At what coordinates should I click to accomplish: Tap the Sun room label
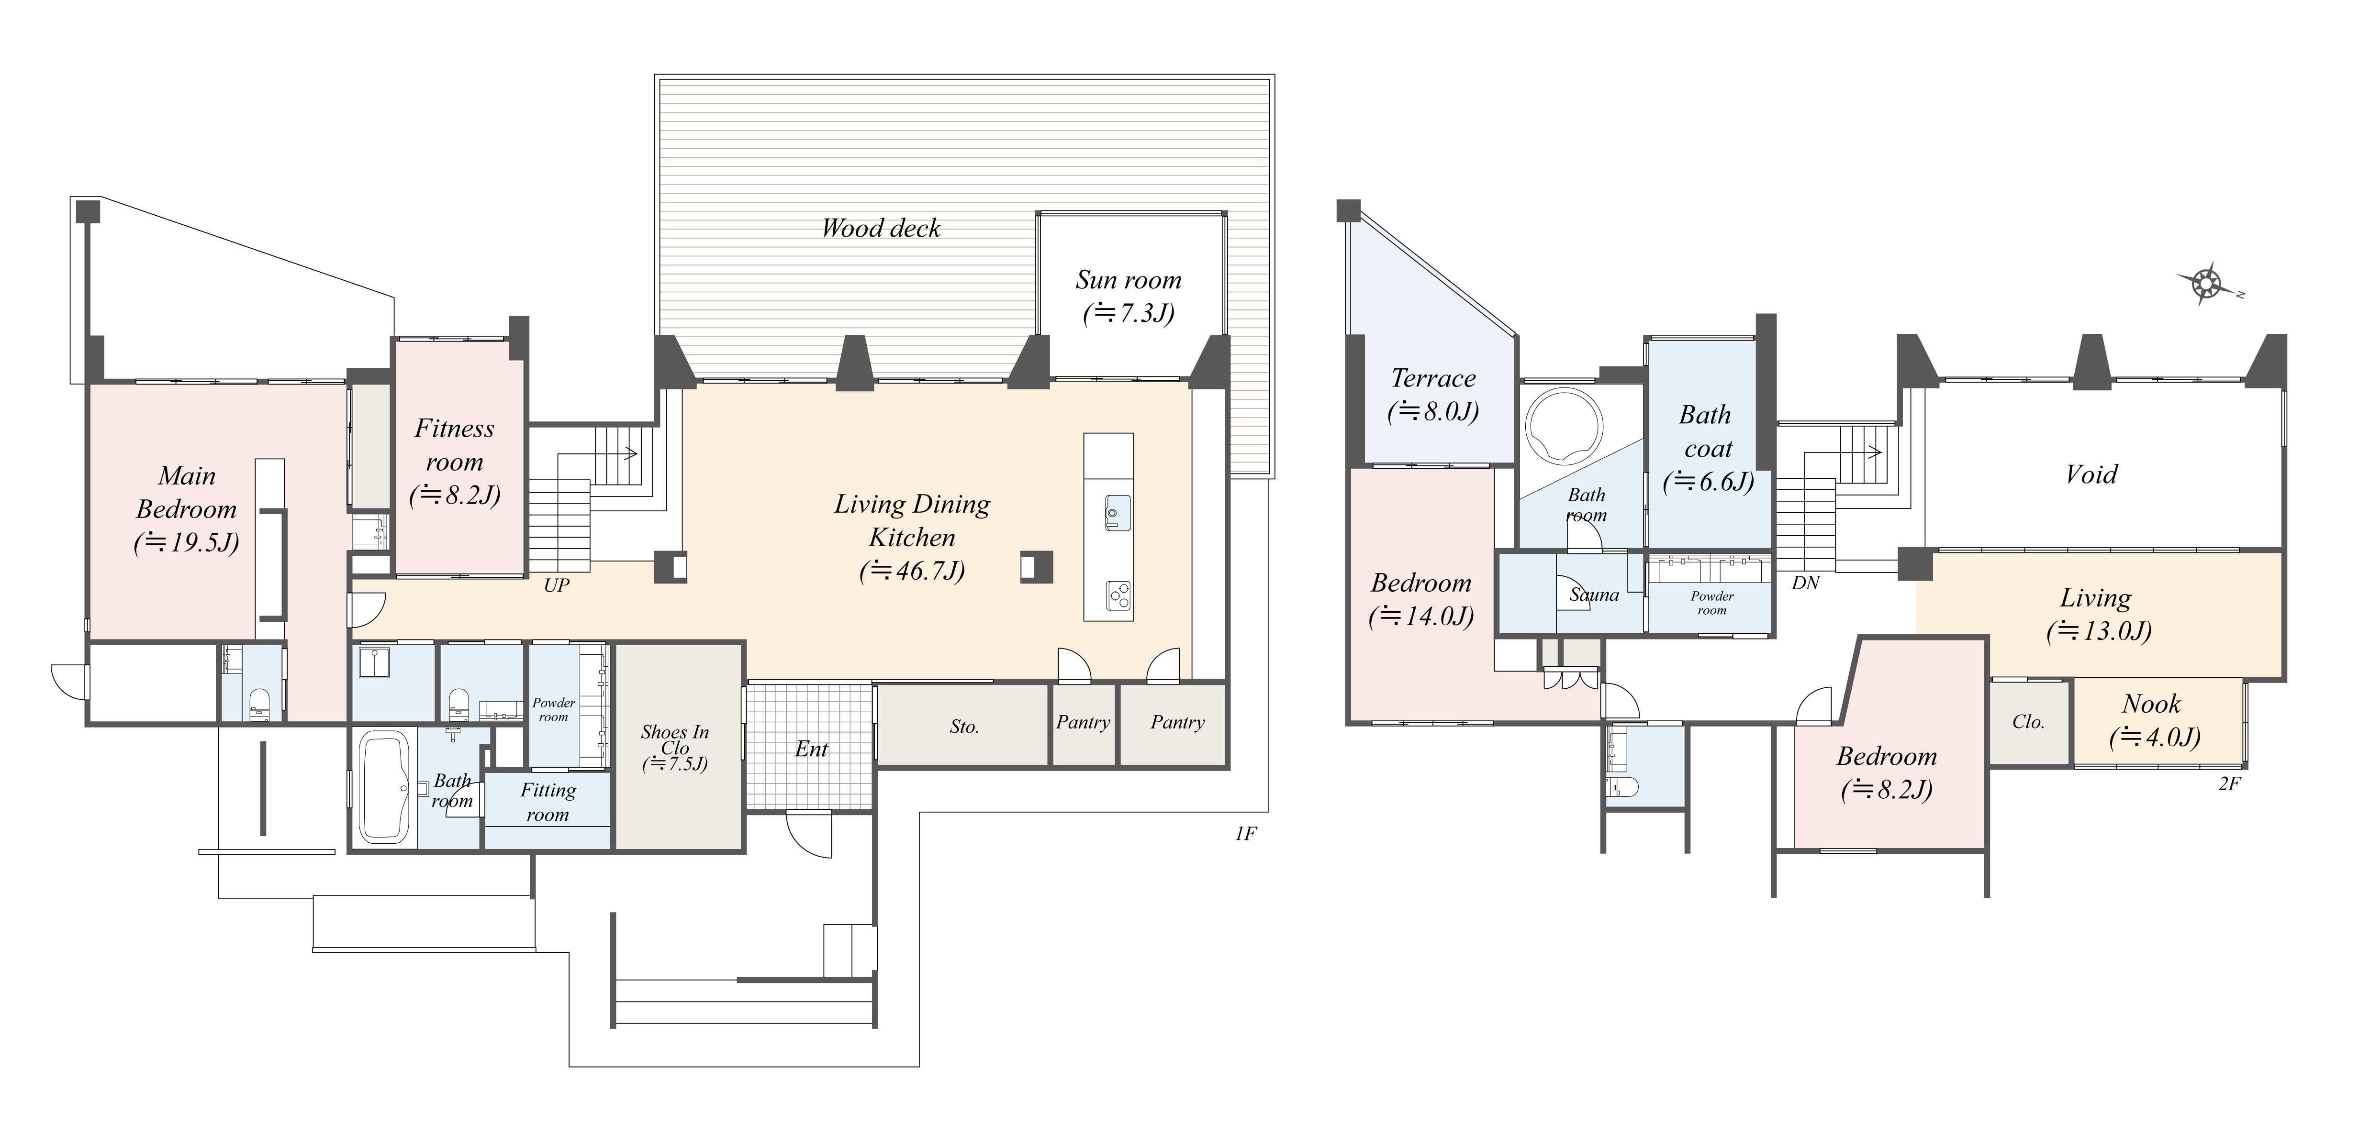[x=1128, y=280]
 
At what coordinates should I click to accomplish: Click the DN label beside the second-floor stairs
[x=1805, y=582]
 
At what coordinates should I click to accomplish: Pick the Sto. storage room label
[x=963, y=727]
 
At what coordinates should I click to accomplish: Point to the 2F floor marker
[x=2229, y=783]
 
